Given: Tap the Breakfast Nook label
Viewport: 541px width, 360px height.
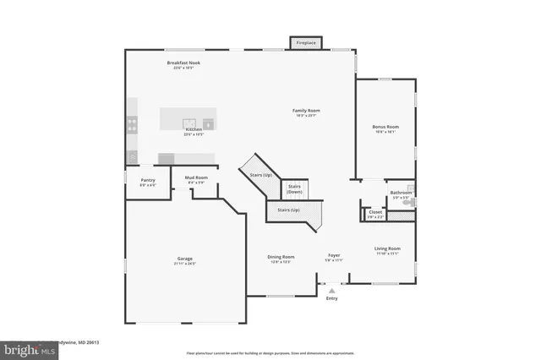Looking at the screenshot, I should pos(183,63).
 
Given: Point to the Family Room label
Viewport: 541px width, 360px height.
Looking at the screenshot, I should pos(306,111).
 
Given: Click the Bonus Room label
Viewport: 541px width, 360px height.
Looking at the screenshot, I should pos(385,127).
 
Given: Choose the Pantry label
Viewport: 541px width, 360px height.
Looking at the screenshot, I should pos(148,180).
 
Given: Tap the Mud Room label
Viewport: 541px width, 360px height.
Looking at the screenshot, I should pos(196,177).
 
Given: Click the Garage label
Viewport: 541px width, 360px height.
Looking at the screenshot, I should pos(184,259).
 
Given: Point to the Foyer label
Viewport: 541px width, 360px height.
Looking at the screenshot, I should pos(335,256).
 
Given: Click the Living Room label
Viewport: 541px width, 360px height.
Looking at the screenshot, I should pos(388,248).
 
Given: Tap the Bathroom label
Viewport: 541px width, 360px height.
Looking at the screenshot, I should pos(401,193).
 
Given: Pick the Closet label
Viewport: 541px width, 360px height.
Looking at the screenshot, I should pos(375,212).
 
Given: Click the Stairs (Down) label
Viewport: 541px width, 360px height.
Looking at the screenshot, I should pos(295,188).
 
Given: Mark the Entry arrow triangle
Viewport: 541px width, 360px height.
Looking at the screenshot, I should pos(331,289).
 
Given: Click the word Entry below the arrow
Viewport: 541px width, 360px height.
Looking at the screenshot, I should pos(331,297).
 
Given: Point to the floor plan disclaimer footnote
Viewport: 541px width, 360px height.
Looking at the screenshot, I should pos(270,351).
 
